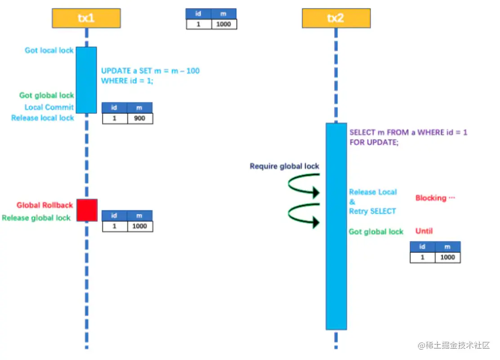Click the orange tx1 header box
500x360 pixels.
tap(86, 18)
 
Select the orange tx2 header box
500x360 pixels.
tap(336, 18)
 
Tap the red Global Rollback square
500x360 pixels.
tap(87, 210)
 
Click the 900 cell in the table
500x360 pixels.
tap(139, 118)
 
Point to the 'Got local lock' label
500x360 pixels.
tap(49, 50)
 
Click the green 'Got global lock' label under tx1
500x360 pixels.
tap(47, 95)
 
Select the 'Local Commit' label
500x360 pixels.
tap(49, 107)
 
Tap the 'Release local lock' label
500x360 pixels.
tap(43, 118)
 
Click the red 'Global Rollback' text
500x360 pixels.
tap(45, 205)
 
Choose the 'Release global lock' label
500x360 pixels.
tap(36, 218)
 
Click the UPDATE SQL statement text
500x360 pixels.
tap(150, 76)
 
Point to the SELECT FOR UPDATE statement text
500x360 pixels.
tap(408, 137)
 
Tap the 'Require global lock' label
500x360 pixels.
tap(285, 166)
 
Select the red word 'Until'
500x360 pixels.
tap(424, 231)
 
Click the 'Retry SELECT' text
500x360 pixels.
tap(373, 211)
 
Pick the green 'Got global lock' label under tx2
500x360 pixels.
tap(376, 232)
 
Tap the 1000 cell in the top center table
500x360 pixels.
tap(223, 24)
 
